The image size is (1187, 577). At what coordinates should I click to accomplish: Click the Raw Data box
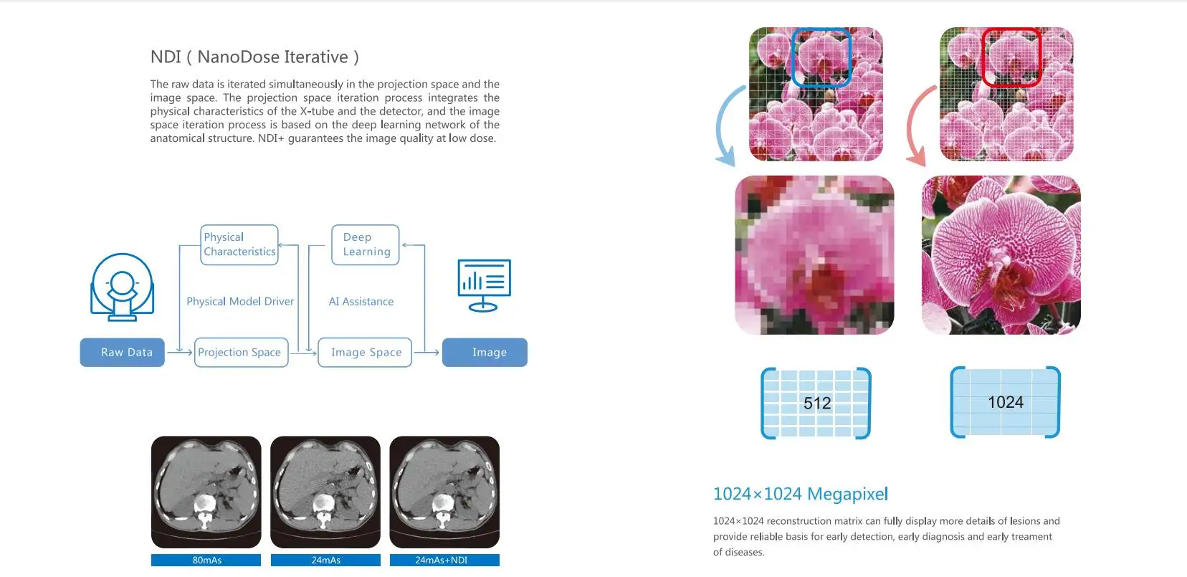123,353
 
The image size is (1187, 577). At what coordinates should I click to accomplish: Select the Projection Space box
241,353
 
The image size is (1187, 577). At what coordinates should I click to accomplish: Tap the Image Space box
365,353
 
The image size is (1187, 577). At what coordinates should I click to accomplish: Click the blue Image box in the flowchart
485,353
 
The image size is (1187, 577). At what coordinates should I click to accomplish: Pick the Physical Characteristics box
239,245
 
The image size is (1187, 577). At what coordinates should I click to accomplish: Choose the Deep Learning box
366,245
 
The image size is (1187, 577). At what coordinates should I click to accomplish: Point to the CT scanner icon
122,287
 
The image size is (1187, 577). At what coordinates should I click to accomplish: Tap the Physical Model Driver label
240,302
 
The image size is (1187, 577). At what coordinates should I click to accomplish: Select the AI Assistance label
361,302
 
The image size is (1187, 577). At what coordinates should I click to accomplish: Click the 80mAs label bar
206,561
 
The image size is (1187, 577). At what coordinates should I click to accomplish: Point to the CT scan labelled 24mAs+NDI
444,492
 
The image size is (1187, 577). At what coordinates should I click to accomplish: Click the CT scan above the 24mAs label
325,492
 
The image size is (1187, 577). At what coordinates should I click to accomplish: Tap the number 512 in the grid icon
817,404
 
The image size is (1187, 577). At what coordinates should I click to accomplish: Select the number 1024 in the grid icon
1006,403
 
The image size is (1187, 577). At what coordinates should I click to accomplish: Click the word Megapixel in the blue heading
847,494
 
